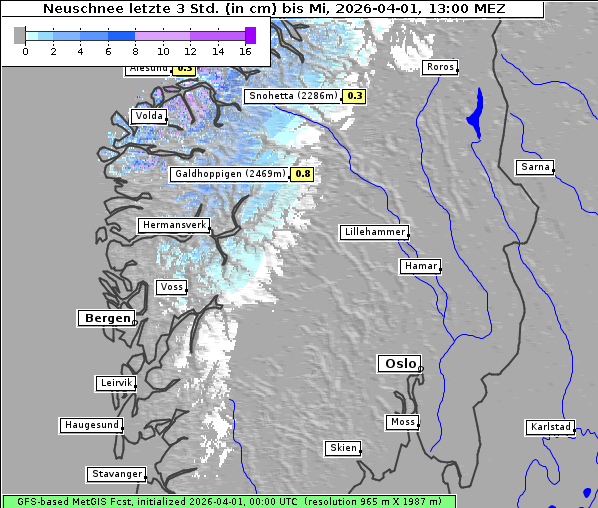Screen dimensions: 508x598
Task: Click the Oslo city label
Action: pyautogui.click(x=399, y=363)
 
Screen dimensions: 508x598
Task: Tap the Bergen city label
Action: pyautogui.click(x=105, y=318)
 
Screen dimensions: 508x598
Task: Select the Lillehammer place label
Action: pyautogui.click(x=374, y=232)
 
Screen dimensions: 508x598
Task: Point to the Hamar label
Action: pyautogui.click(x=419, y=266)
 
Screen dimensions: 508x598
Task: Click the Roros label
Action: pyautogui.click(x=439, y=67)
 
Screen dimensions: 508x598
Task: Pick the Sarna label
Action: pyautogui.click(x=535, y=167)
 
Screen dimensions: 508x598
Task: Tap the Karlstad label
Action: pyautogui.click(x=550, y=427)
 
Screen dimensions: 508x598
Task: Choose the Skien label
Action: pyautogui.click(x=342, y=448)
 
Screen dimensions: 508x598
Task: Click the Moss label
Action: pyautogui.click(x=402, y=422)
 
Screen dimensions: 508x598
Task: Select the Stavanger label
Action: pyautogui.click(x=116, y=474)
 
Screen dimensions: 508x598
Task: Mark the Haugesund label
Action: pyautogui.click(x=91, y=425)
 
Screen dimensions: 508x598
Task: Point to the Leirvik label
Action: pyautogui.click(x=115, y=383)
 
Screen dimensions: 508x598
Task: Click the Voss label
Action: pyautogui.click(x=171, y=287)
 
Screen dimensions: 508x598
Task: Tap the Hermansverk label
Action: pyautogui.click(x=173, y=226)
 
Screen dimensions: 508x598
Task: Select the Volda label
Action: pyautogui.click(x=148, y=116)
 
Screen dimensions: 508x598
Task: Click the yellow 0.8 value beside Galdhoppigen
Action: pyautogui.click(x=303, y=174)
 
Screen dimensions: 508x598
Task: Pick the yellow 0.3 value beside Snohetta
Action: pyautogui.click(x=355, y=96)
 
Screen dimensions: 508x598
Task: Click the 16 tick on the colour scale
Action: pyautogui.click(x=246, y=51)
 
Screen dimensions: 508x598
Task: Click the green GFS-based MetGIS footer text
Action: pyautogui.click(x=228, y=501)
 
